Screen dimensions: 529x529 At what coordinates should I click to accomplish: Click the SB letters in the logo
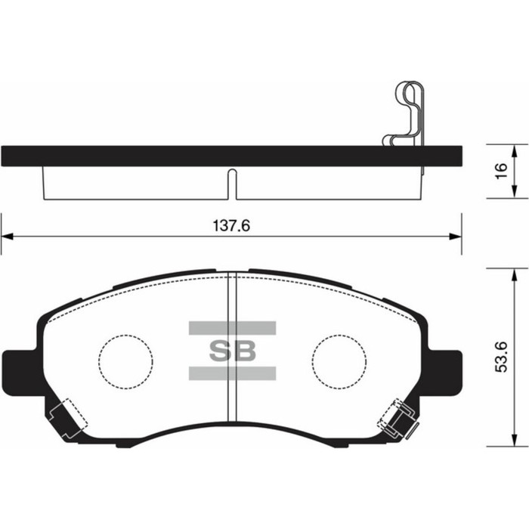point(232,351)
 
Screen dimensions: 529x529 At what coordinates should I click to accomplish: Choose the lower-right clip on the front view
point(398,420)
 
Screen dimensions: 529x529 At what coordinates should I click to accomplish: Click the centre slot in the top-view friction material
point(232,186)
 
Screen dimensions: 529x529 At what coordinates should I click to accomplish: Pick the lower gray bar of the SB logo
point(232,373)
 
